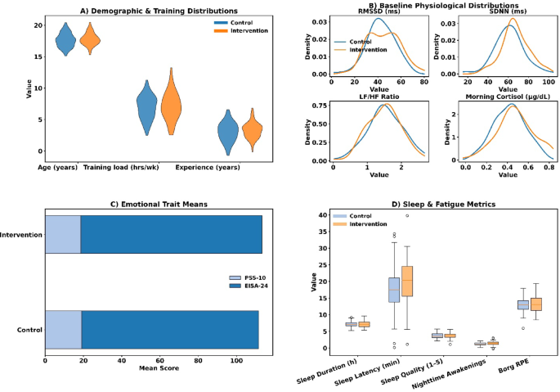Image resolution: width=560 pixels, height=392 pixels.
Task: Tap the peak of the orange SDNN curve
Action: coord(513,19)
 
